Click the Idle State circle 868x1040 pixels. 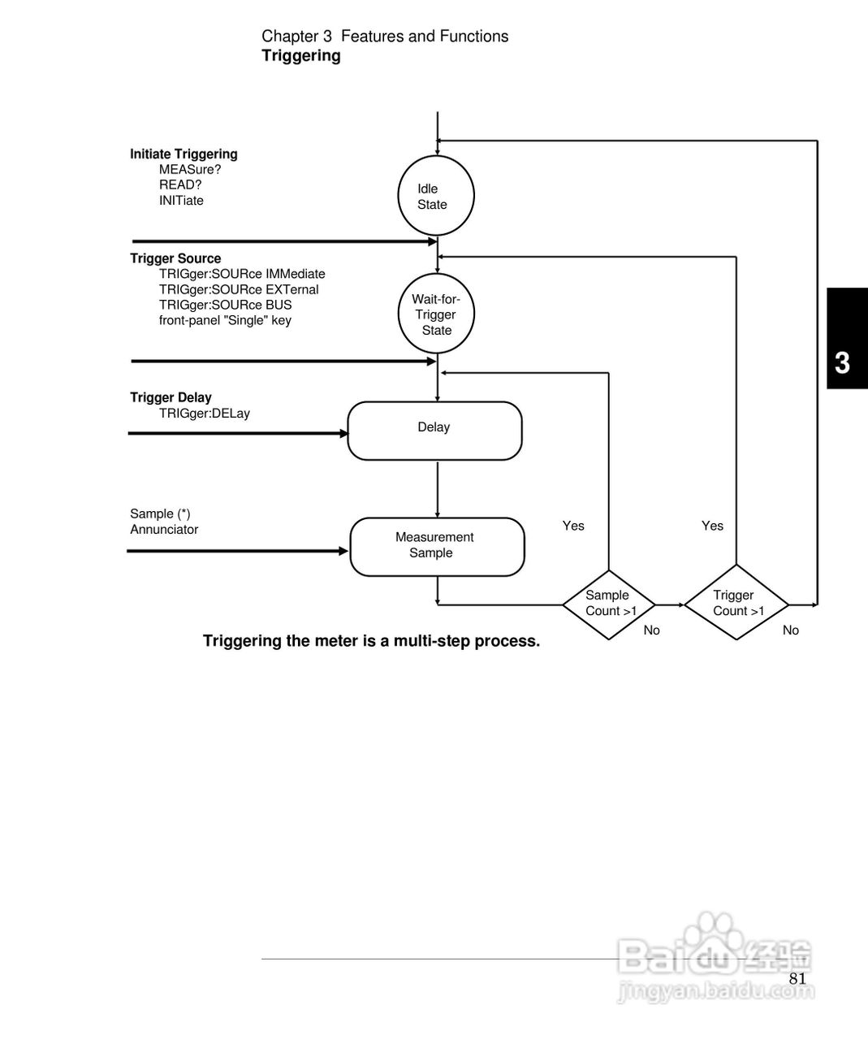tap(436, 197)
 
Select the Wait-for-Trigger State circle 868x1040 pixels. tap(436, 314)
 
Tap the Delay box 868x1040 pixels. tap(434, 430)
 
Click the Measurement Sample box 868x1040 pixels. tap(437, 546)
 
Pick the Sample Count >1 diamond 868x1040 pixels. tap(610, 604)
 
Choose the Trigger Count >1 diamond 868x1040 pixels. tap(736, 603)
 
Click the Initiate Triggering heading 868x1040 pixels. tap(184, 154)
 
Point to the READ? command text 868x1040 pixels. tap(180, 185)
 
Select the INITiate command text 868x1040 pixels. tap(181, 201)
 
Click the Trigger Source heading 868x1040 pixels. tap(175, 258)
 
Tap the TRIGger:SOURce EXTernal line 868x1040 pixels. tap(239, 290)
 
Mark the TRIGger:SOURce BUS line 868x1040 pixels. tap(225, 305)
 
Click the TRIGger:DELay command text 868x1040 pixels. tap(205, 414)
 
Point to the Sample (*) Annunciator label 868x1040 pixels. tap(164, 522)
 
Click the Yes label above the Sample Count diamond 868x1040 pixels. tap(573, 526)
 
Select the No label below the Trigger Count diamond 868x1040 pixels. tap(790, 630)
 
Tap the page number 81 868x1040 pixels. tap(797, 978)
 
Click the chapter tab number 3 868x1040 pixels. tap(843, 362)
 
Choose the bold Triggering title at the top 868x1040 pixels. tap(300, 56)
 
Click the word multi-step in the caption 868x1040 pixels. tap(431, 641)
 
